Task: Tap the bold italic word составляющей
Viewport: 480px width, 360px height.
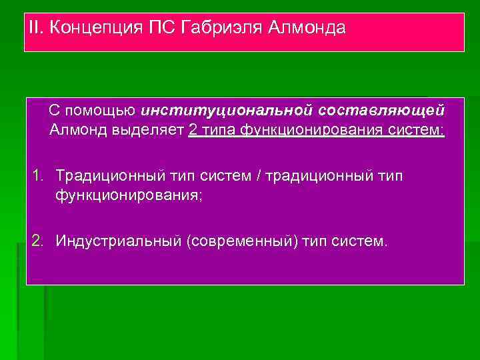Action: tap(382, 109)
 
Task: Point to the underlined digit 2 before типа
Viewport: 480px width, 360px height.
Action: tap(193, 129)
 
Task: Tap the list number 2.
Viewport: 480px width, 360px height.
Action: tap(39, 240)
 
